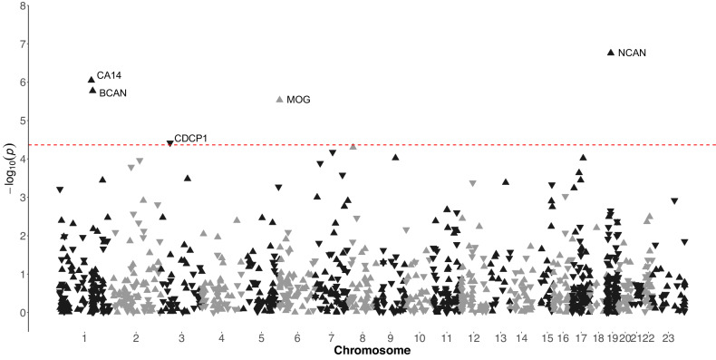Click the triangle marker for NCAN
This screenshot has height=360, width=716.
(611, 53)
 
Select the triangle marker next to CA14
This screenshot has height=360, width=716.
(91, 80)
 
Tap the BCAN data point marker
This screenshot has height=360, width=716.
(92, 90)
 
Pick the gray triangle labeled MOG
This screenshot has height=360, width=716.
(279, 99)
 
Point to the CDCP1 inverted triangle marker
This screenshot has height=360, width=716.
(169, 143)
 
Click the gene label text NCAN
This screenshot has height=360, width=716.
(632, 53)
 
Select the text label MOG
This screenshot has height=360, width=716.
(297, 99)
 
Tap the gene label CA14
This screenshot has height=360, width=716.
(109, 75)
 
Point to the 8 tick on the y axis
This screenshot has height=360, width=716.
(20, 6)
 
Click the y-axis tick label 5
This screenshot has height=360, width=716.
(20, 121)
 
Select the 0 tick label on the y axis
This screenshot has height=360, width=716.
(20, 313)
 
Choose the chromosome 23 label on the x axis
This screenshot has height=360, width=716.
(668, 337)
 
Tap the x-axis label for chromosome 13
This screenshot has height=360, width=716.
(501, 337)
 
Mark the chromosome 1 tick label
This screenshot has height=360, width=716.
(84, 337)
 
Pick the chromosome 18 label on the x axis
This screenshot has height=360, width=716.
(597, 337)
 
